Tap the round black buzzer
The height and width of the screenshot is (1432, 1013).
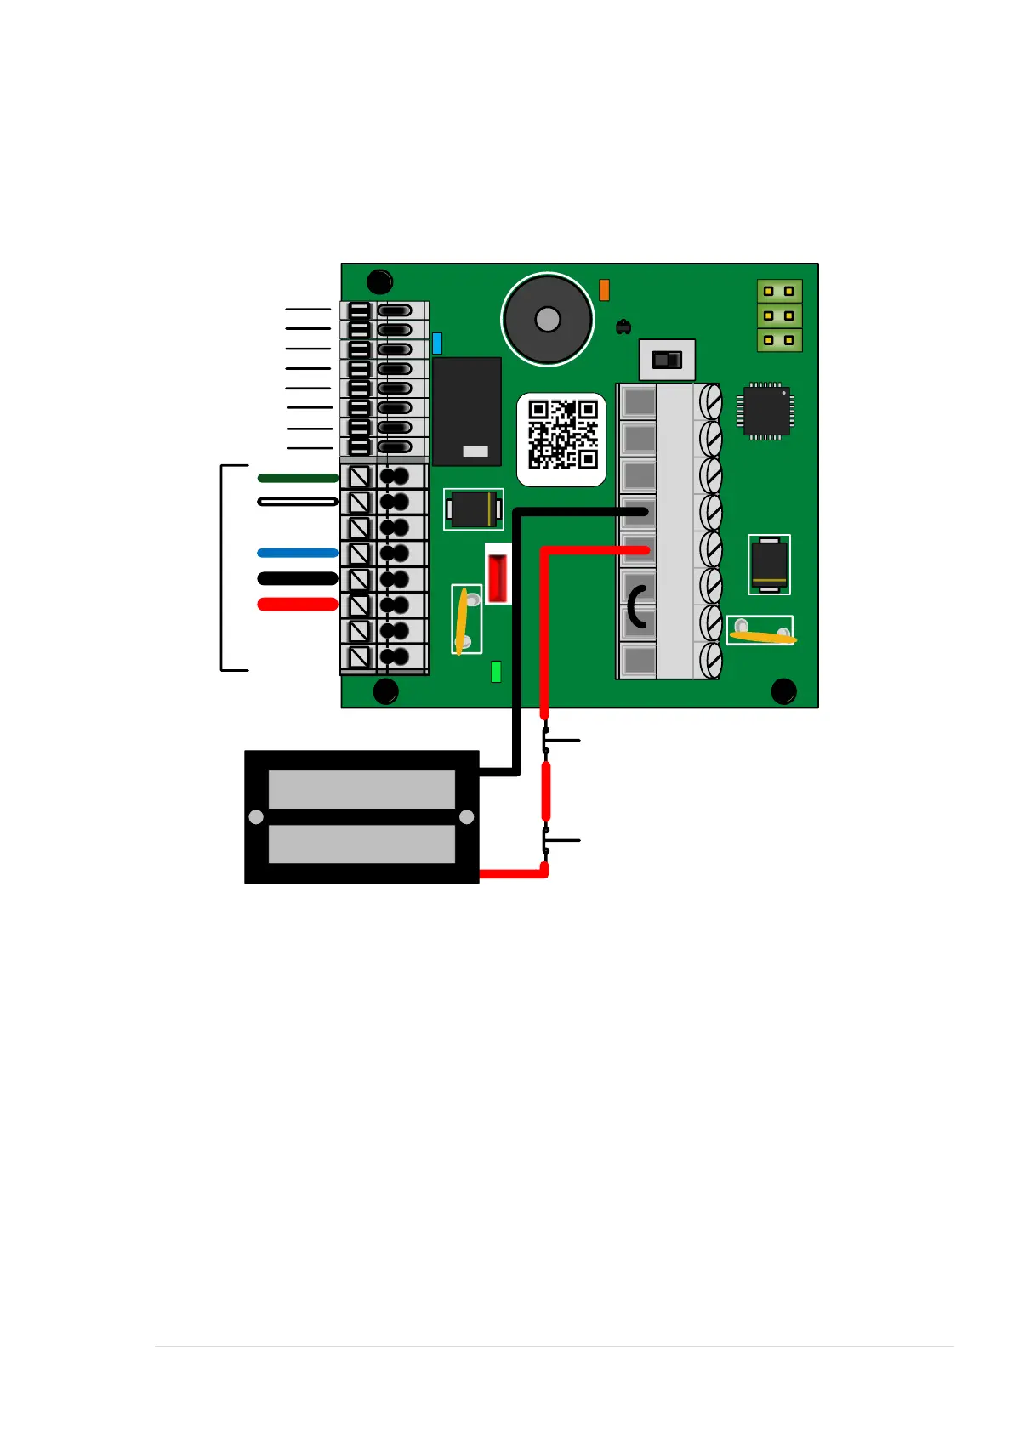547,320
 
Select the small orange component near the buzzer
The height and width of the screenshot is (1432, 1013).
604,290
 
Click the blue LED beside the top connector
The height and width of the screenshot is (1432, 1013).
437,343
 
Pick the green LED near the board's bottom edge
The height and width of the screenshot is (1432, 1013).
496,672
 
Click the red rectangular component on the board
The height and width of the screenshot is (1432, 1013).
498,576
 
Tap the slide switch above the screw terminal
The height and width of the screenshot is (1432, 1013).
667,360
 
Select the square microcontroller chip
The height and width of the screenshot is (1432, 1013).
766,412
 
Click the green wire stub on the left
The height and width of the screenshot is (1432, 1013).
298,478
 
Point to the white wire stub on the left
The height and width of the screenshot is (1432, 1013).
298,502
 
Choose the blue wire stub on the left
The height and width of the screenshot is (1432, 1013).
298,553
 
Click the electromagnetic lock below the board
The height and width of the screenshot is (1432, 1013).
361,816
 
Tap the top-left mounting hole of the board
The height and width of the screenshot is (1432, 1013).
379,281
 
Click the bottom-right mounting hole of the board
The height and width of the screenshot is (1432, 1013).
783,691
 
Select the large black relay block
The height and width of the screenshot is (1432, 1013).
466,411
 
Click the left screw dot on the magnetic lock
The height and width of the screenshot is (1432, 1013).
256,817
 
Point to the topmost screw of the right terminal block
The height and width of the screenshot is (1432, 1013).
710,401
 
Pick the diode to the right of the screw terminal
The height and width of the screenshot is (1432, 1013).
769,564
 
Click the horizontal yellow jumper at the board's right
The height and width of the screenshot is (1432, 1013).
762,634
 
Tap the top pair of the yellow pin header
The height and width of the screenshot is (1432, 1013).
779,291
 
